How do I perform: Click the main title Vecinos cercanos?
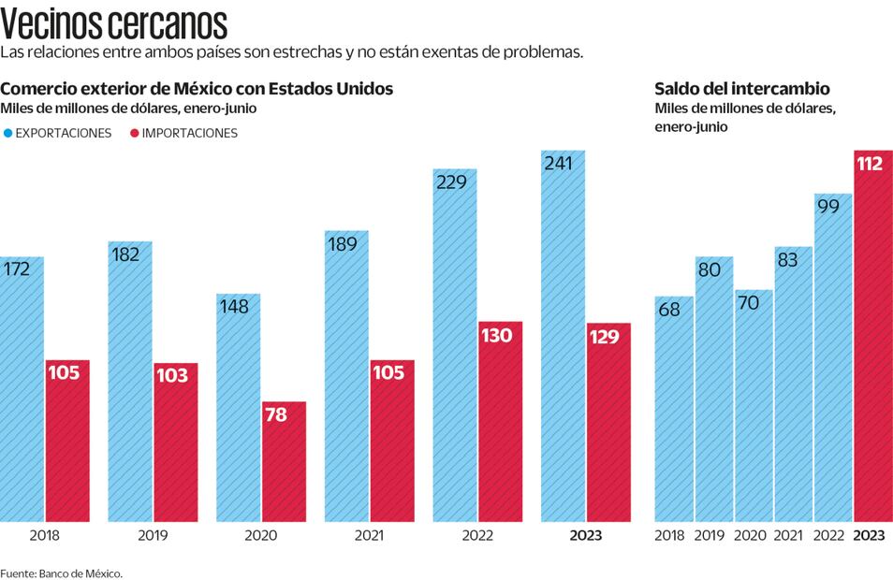coord(114,22)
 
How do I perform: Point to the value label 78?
coord(276,414)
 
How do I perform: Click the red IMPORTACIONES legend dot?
coord(134,133)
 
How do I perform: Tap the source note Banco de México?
coord(62,573)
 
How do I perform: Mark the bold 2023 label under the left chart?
coord(586,536)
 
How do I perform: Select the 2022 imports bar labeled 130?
coord(500,421)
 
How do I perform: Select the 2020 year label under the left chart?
coord(261,536)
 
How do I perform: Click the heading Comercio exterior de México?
coord(198,89)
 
